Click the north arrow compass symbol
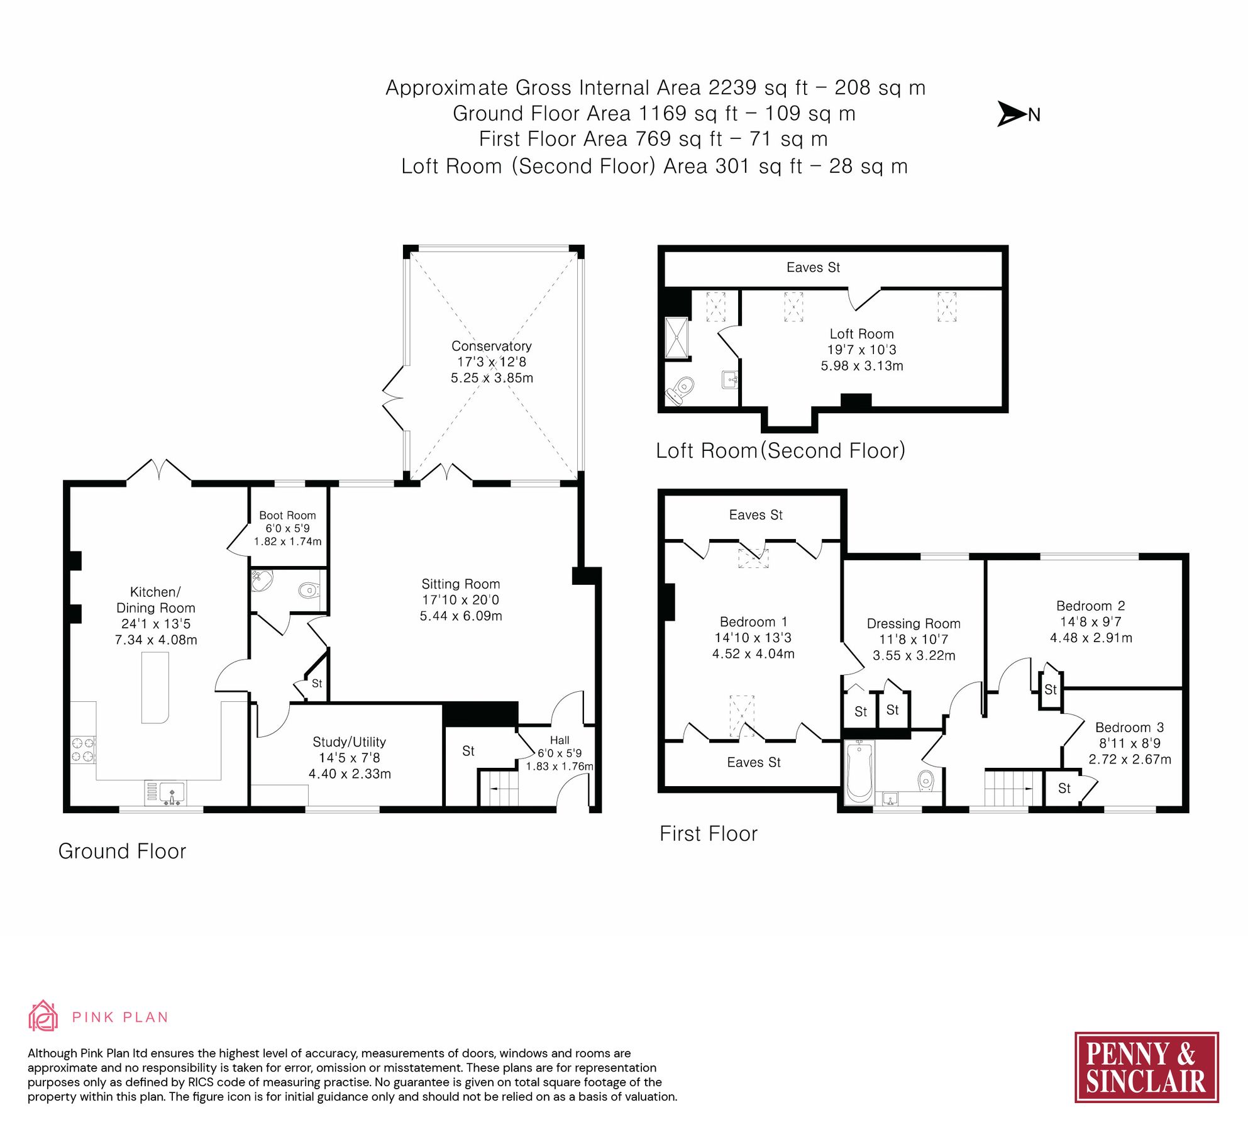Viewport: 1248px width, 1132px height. coord(1012,114)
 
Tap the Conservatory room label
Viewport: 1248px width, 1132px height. coord(491,346)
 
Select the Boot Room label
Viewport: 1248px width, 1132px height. coord(287,515)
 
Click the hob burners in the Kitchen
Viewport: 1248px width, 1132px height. coord(82,750)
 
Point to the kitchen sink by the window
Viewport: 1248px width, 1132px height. coord(172,792)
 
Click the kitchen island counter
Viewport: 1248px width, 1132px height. coord(155,687)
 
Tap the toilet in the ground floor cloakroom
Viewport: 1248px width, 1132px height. coord(308,590)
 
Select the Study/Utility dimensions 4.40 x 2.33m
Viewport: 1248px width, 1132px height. coord(350,774)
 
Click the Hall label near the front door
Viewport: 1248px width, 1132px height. coord(559,740)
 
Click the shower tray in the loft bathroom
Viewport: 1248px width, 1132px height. coord(677,337)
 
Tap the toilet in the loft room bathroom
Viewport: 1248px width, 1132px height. coord(680,390)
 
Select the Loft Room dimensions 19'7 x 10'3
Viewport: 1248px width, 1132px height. coord(861,350)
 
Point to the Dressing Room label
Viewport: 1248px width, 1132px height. coord(914,623)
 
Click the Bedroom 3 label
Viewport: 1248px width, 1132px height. coord(1129,727)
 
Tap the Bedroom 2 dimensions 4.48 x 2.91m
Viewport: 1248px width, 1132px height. coord(1091,638)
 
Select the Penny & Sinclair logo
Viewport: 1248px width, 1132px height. coord(1146,1067)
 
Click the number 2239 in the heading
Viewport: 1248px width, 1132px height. coord(732,87)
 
